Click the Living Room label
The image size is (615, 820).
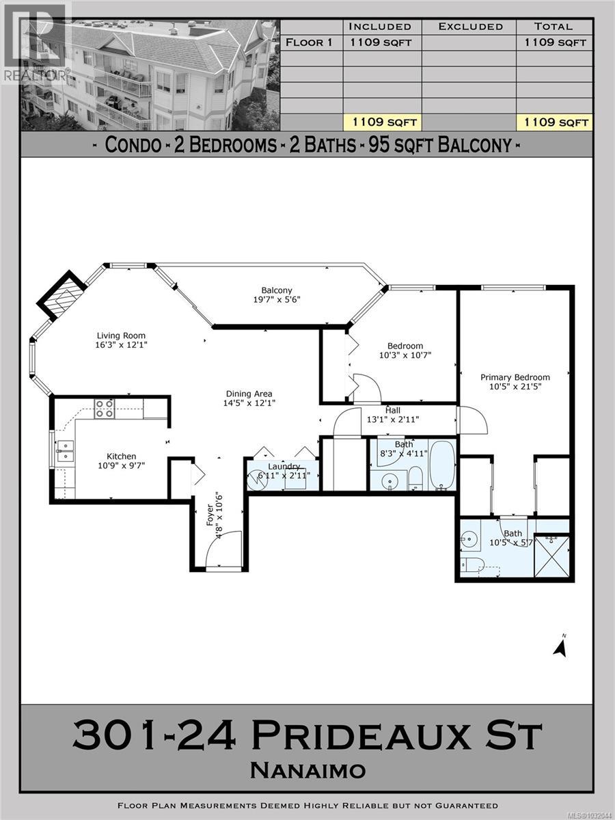(x=121, y=336)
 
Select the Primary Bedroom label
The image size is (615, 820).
(x=515, y=377)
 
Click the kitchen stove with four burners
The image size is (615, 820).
(x=105, y=409)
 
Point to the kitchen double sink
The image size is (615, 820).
(x=66, y=451)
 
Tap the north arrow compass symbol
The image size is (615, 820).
(x=561, y=646)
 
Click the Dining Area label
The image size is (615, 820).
(x=249, y=394)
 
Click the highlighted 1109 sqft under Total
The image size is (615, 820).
(x=553, y=122)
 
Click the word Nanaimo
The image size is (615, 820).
(x=307, y=771)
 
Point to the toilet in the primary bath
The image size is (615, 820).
(x=472, y=564)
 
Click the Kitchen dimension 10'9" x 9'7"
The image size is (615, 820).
(x=121, y=466)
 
